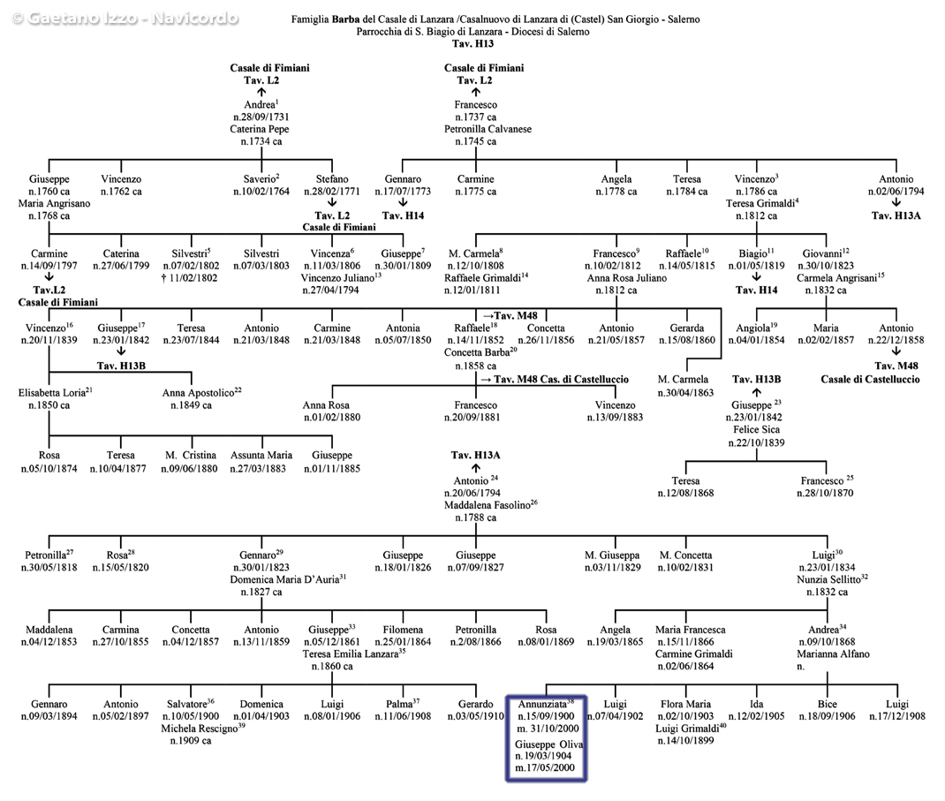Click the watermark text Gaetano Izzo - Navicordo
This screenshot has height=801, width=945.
point(125,18)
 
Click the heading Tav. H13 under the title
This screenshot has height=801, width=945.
point(472,43)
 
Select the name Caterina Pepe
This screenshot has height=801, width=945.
point(259,129)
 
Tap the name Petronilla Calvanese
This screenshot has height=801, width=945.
point(488,129)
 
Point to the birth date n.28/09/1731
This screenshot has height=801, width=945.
point(261,117)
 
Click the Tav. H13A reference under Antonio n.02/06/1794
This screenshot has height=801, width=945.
point(896,215)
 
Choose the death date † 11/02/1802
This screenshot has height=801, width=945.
point(190,278)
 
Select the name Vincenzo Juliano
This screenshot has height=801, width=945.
point(338,278)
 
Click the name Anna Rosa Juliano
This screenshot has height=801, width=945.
point(627,278)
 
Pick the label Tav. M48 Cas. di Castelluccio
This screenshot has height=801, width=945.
point(561,379)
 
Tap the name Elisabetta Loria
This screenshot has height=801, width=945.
point(52,393)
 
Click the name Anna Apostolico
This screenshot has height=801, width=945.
point(198,393)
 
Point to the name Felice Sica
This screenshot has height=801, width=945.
point(756,430)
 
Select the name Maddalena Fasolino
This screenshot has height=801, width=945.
point(487,505)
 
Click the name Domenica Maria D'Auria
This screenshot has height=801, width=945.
point(284,580)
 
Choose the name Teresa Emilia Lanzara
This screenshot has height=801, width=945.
point(350,654)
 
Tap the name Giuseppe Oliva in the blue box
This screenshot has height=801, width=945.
point(548,744)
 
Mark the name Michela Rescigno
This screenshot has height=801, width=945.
point(199,729)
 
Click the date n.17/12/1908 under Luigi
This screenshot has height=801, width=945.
point(896,716)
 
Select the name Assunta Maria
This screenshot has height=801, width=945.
point(261,455)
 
